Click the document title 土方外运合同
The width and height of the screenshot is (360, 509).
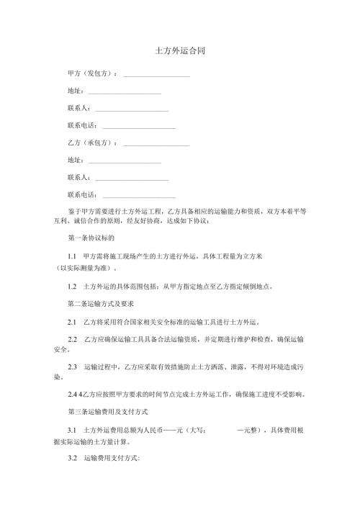[x=179, y=53]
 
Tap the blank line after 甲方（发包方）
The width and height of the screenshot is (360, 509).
[x=156, y=76]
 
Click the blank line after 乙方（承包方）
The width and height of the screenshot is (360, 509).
[x=156, y=145]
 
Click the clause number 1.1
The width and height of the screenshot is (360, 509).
[x=71, y=256]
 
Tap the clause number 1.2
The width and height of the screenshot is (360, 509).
[x=71, y=286]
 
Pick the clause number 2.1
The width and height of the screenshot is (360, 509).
[x=71, y=323]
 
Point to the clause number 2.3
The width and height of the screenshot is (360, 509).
[x=71, y=366]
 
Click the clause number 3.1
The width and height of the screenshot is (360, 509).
[x=71, y=431]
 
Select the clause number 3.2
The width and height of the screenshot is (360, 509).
[x=71, y=459]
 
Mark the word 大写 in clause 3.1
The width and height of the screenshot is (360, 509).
[x=195, y=431]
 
